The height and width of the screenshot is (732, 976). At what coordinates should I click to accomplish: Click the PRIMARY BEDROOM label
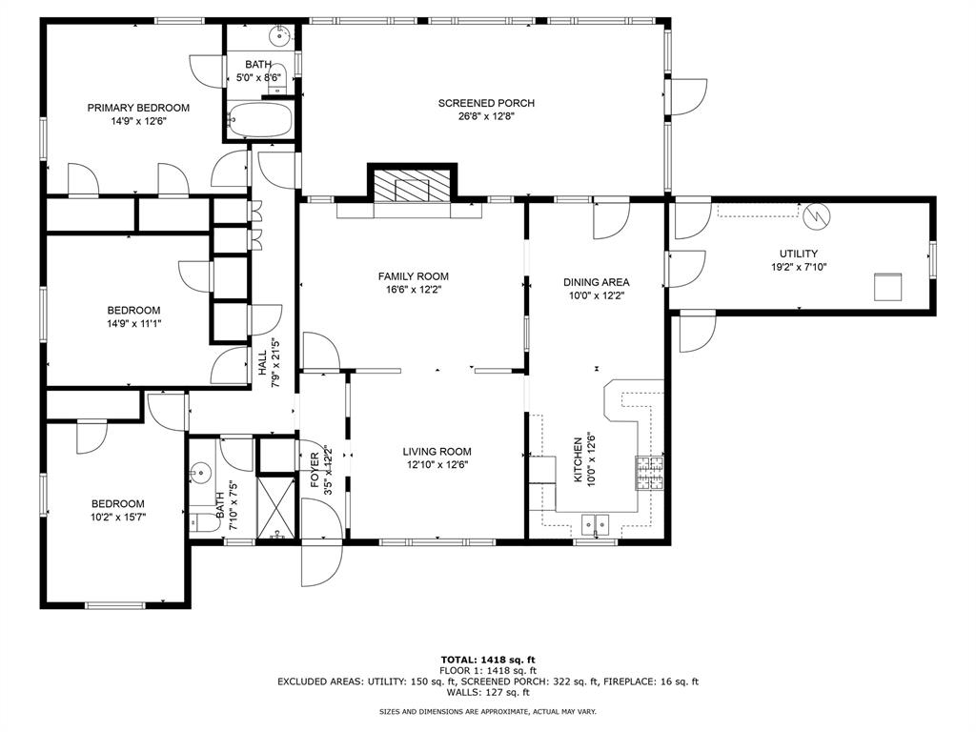(x=138, y=108)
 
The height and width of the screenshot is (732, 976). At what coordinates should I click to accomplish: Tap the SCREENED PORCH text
(x=486, y=103)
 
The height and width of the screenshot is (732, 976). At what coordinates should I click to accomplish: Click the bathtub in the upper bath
(x=260, y=122)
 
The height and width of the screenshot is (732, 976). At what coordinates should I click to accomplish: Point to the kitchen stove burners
(x=649, y=473)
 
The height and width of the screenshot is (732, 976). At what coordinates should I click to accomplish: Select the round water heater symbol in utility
(x=815, y=216)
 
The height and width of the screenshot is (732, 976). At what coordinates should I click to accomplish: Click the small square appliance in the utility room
(x=888, y=286)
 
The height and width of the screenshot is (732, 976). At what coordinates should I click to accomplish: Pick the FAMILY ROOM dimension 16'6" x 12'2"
(x=413, y=290)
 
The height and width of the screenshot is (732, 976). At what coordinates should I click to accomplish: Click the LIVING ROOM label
(x=437, y=452)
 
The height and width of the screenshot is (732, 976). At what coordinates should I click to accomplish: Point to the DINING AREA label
(x=596, y=282)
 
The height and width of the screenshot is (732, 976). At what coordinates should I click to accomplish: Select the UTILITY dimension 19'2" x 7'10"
(x=798, y=267)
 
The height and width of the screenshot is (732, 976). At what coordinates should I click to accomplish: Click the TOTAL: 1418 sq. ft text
(x=488, y=660)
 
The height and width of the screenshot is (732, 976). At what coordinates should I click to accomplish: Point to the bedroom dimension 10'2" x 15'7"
(x=118, y=518)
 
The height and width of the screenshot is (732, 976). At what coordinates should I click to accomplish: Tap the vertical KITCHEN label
(x=578, y=460)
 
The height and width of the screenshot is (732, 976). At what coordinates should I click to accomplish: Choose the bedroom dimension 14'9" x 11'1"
(x=133, y=323)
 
